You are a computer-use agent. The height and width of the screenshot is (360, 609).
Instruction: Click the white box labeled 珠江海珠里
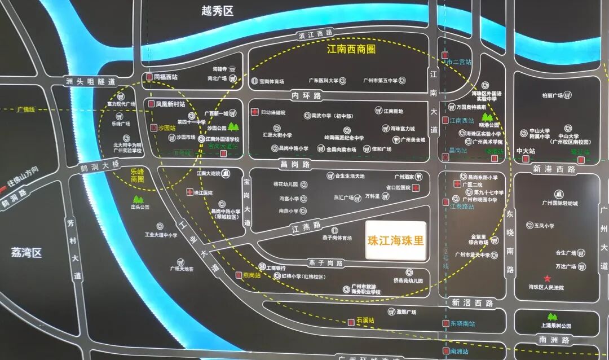395,240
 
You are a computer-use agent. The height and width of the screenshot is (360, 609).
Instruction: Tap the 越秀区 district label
217,11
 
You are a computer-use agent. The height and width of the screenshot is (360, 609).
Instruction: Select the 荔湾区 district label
27,252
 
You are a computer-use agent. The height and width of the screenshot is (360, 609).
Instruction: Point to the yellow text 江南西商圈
351,49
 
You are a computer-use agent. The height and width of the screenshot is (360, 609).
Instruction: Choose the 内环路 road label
306,95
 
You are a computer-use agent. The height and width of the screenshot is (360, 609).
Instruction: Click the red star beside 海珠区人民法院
546,279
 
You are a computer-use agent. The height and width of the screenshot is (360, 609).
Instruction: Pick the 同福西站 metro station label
165,77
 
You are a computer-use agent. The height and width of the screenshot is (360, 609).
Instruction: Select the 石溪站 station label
365,320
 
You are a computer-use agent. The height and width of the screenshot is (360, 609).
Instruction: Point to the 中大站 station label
526,151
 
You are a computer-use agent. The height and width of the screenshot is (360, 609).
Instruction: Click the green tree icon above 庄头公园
138,199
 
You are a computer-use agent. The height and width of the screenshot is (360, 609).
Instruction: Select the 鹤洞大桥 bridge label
100,165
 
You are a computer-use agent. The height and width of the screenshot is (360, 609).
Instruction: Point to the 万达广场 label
566,266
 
